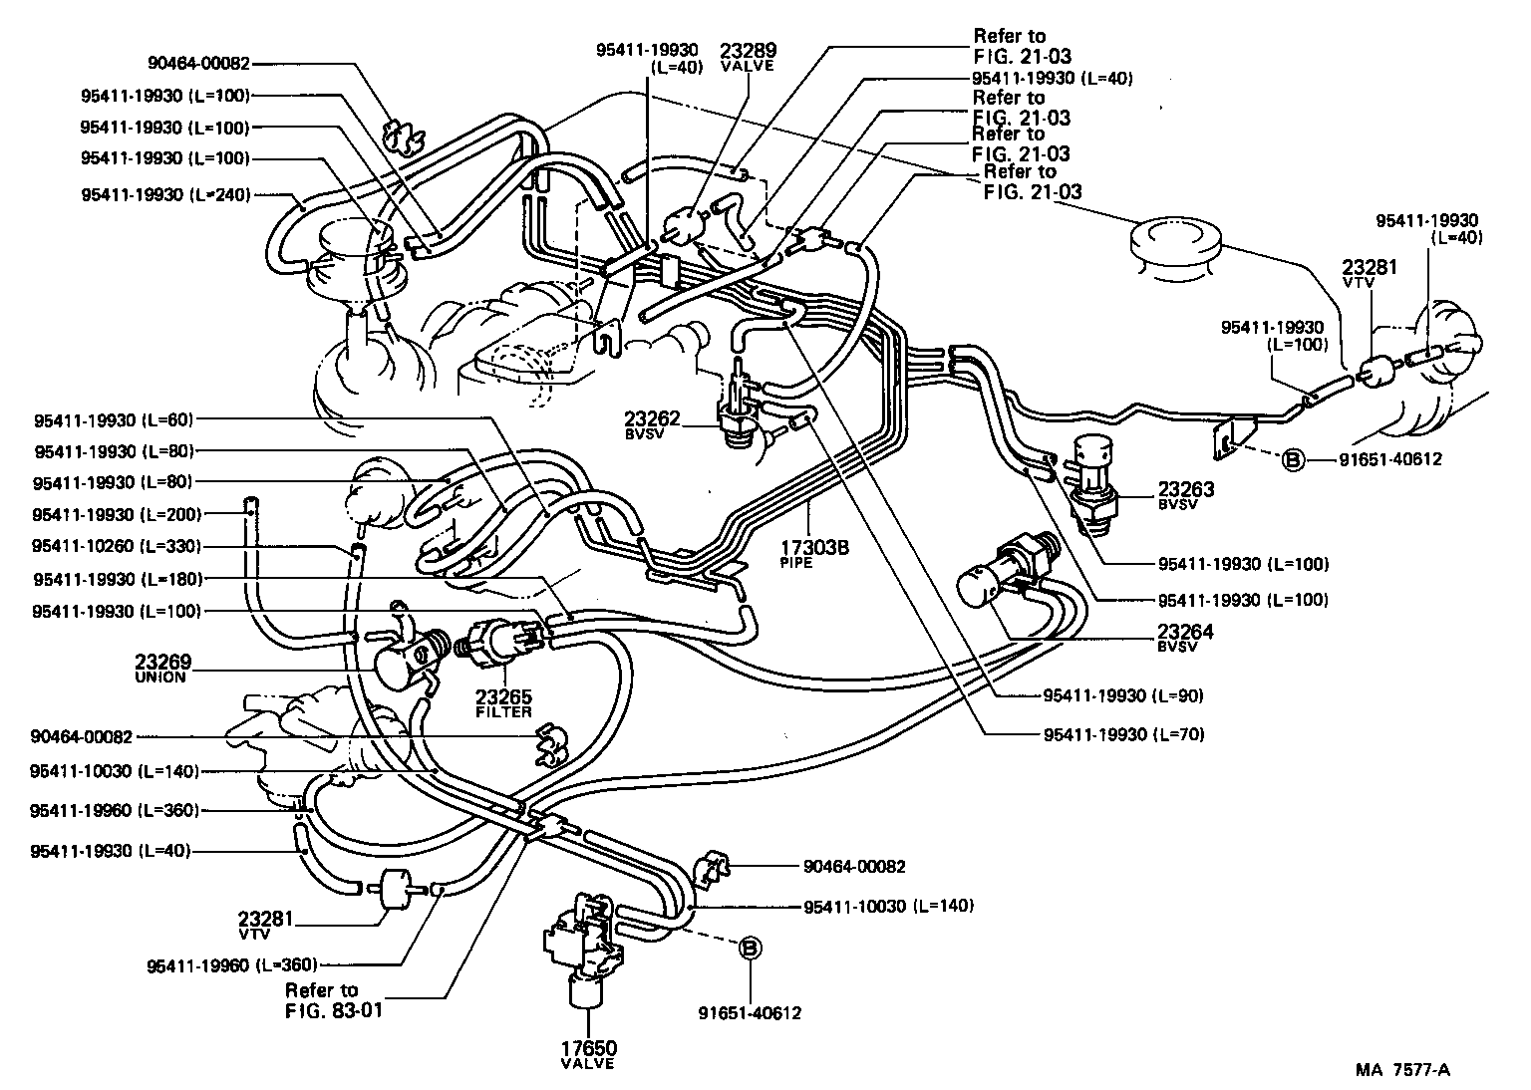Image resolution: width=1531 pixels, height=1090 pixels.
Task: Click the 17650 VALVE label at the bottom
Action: [588, 1054]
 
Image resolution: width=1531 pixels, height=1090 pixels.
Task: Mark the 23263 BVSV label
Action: [1186, 495]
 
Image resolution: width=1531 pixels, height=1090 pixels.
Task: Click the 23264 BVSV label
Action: [1186, 638]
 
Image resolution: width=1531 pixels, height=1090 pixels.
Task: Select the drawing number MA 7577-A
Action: [1402, 1070]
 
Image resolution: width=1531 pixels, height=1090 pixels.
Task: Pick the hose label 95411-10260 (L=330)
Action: [117, 546]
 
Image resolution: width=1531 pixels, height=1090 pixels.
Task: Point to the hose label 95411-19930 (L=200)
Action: [117, 514]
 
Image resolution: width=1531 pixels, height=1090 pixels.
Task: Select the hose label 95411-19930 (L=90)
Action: [1123, 694]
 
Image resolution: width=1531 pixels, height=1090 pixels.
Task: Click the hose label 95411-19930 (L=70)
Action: [1123, 735]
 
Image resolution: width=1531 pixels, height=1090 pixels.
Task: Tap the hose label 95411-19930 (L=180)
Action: [117, 578]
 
